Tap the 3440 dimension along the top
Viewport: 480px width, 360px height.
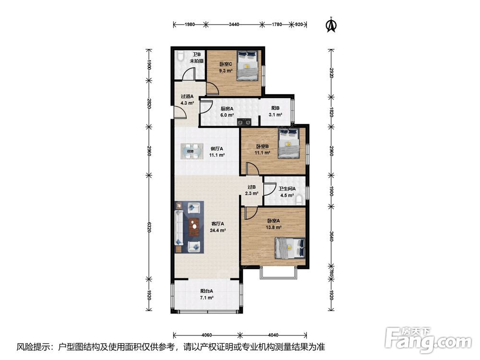click(234, 24)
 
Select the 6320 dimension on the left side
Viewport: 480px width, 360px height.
click(149, 227)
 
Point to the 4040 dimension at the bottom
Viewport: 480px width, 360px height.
click(273, 335)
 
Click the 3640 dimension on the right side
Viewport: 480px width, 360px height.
click(331, 236)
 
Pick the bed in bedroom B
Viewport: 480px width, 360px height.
click(288, 144)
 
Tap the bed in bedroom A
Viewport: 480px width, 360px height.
click(290, 248)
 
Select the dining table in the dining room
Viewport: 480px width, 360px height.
click(192, 151)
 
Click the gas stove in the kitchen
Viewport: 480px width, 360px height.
click(244, 122)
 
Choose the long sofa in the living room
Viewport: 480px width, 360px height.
click(179, 228)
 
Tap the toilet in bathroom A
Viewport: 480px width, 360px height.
click(299, 200)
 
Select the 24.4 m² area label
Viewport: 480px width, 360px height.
click(217, 230)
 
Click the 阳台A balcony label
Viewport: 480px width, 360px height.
click(206, 291)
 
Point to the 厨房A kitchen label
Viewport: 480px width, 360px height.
click(227, 108)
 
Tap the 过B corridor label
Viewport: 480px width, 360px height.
click(252, 187)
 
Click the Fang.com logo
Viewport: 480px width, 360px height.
click(428, 338)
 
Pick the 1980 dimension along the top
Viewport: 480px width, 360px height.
click(190, 24)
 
